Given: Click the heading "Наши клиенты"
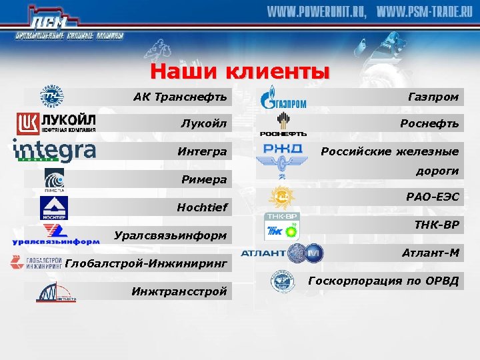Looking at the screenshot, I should [240, 71].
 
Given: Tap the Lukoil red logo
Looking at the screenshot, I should [56, 123].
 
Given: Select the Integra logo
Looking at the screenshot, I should [55, 151].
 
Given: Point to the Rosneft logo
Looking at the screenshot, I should [283, 124].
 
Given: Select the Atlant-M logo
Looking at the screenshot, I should [282, 253].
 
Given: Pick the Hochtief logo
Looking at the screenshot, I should [54, 209].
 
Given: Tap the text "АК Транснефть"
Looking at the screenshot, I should [180, 97].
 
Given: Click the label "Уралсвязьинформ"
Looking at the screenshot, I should [171, 235].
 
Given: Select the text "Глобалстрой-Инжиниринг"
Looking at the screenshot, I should [147, 264].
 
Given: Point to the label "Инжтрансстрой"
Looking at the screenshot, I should [179, 291].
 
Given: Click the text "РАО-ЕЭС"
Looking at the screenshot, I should [432, 197].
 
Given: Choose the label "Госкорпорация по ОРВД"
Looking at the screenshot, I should [384, 281].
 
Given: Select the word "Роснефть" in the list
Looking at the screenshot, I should [429, 123].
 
